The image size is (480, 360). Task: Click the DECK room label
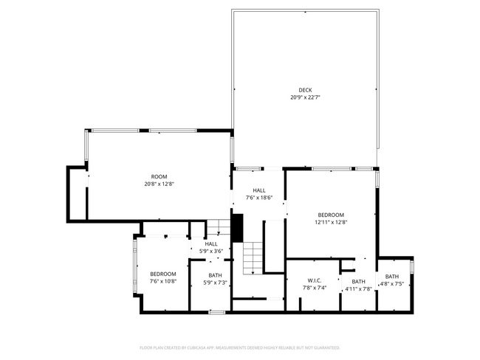coord(305,90)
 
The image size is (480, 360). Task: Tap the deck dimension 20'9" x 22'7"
coord(305,97)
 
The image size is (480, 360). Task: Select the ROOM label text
coord(159,176)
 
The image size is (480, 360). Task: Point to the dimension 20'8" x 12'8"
coord(159,184)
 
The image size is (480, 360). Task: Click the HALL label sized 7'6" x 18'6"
coord(258,190)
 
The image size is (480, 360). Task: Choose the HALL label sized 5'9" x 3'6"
coord(211,243)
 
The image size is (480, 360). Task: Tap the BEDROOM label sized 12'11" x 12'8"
coord(331,215)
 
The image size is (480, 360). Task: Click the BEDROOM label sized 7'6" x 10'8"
coord(163,274)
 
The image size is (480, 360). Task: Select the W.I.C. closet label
coord(313,280)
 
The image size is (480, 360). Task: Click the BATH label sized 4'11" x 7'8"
coord(358,281)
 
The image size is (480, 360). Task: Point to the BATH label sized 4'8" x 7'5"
coord(392,276)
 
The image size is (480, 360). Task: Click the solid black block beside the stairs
coord(237,227)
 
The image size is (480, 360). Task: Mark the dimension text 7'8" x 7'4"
coord(313,288)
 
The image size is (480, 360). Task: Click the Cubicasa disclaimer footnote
coord(240,347)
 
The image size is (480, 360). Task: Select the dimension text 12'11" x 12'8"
coord(331,222)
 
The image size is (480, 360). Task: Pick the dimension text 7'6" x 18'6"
coord(258,198)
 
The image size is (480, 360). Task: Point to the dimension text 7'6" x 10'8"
coord(163,281)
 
